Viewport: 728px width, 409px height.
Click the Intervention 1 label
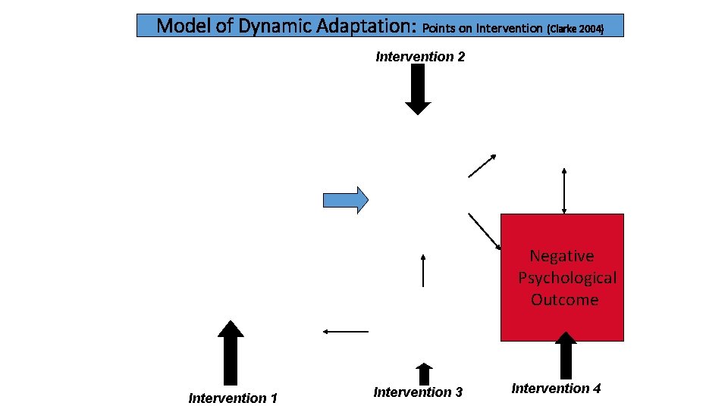233,398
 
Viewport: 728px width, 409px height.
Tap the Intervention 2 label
419,57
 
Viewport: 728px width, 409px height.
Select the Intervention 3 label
418,392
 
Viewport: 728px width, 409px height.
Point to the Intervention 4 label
556,389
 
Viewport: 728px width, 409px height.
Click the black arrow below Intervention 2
418,89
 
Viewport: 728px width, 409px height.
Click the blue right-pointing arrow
346,199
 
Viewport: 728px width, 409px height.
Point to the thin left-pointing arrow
345,331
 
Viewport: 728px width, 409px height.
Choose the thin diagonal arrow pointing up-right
482,166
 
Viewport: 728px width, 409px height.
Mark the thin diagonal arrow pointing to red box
485,231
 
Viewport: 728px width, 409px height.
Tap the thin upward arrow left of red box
422,270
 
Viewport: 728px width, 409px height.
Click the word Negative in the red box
561,256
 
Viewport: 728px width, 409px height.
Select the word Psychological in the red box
567,278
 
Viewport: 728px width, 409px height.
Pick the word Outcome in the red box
564,300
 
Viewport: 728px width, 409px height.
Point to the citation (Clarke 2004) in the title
574,29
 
